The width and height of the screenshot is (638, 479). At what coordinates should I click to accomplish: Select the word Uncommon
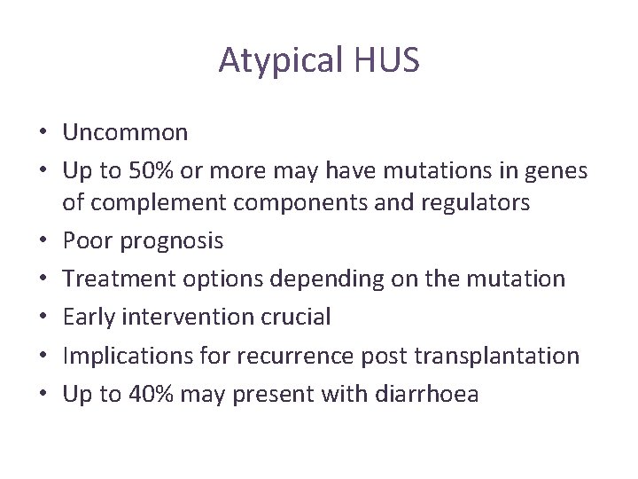pyautogui.click(x=125, y=133)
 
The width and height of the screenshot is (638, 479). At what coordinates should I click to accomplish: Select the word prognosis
pyautogui.click(x=169, y=241)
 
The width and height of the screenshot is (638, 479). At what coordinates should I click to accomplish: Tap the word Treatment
pyautogui.click(x=118, y=279)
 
